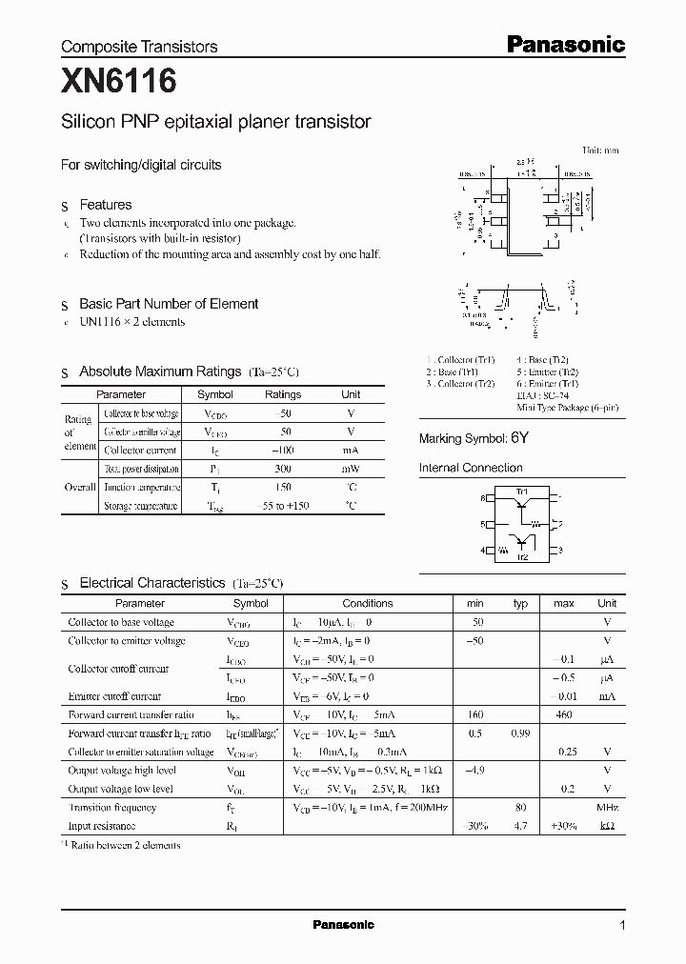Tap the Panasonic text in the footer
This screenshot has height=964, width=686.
[344, 925]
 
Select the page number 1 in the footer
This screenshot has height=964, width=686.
[622, 926]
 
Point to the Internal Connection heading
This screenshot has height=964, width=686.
[471, 468]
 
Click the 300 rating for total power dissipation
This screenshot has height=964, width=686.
[283, 469]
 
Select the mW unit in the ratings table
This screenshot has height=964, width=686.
[351, 469]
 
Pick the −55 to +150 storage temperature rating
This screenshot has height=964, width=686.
[283, 506]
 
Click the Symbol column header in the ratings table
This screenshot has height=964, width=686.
[214, 394]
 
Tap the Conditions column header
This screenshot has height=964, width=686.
[367, 603]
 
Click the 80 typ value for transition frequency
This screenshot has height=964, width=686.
[521, 808]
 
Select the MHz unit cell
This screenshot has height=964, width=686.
[607, 808]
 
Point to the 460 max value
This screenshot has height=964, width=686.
[565, 714]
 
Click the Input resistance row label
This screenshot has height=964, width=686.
[102, 826]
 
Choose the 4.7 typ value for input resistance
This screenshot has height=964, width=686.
[521, 826]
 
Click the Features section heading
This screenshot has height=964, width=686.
[105, 205]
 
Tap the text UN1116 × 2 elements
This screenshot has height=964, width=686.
[131, 322]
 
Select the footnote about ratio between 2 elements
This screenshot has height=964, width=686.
[124, 845]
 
